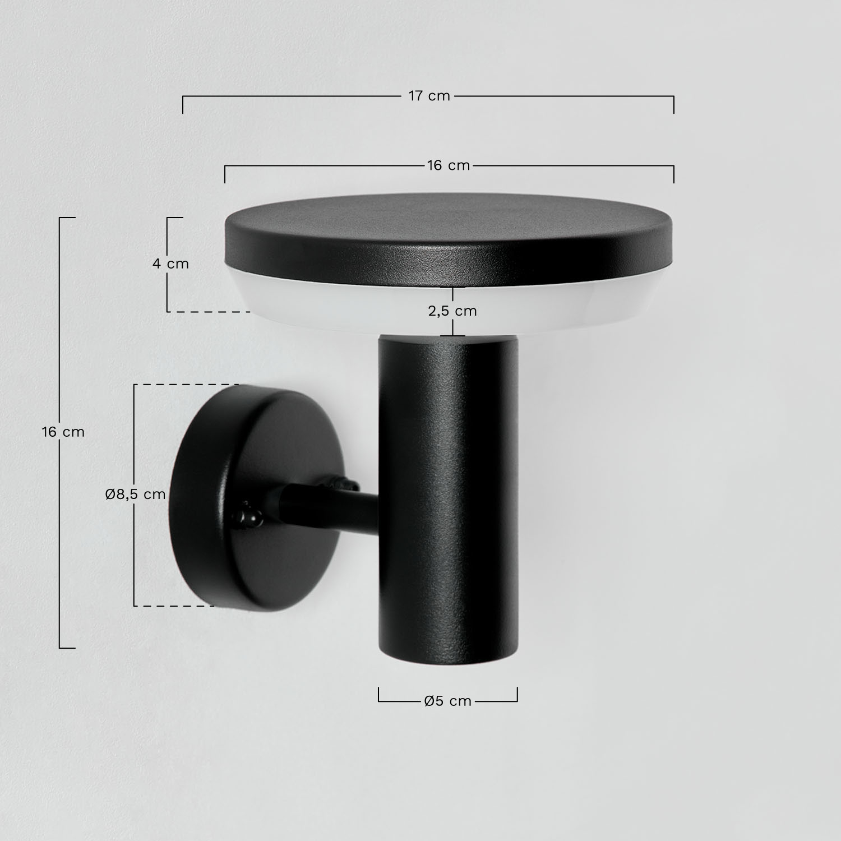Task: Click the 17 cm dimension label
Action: coord(429,96)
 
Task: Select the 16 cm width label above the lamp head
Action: coord(448,165)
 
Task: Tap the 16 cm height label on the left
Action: coord(63,432)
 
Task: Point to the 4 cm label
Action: coord(171,264)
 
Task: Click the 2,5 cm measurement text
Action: coord(452,311)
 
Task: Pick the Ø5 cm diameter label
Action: coord(448,701)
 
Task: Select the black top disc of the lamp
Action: coord(449,235)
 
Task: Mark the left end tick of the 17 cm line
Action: coord(183,104)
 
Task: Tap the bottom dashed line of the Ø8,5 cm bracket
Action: coord(174,606)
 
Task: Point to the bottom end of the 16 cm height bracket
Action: coord(67,648)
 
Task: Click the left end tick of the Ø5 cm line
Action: coord(379,694)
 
